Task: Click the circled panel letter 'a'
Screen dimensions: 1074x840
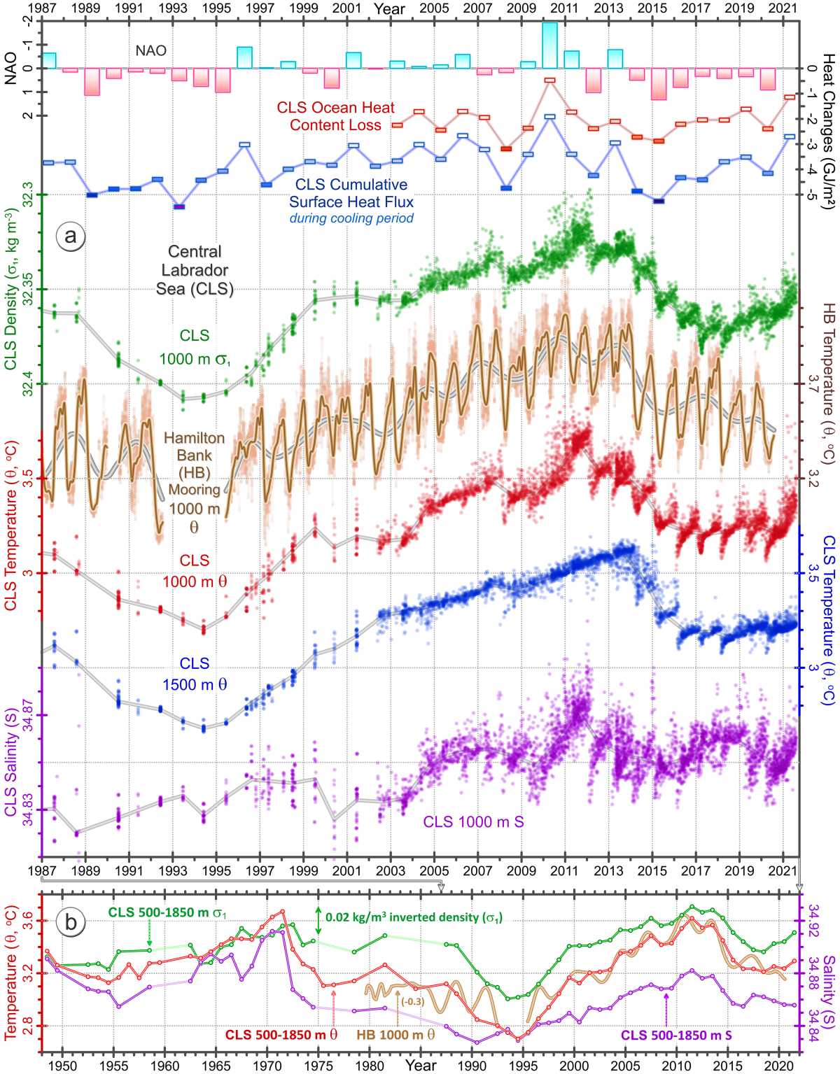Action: point(70,236)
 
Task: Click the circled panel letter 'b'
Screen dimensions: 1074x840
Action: point(71,922)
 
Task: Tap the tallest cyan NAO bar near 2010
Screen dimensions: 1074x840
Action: point(549,45)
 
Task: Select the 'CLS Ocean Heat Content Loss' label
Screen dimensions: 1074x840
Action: point(335,116)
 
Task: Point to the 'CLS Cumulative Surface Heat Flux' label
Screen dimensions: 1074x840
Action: point(351,193)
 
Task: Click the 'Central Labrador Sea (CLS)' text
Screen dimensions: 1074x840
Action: point(194,270)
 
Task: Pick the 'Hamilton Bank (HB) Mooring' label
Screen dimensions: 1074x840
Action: point(194,463)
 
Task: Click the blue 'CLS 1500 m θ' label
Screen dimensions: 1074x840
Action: point(194,674)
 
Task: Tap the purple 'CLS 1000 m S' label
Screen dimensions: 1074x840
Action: point(473,821)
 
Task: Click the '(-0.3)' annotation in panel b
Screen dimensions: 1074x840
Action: point(412,1001)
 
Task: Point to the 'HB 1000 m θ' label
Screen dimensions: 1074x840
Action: point(395,1034)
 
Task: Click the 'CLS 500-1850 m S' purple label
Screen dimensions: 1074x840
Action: point(676,1034)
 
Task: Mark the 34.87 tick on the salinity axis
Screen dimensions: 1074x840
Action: point(28,715)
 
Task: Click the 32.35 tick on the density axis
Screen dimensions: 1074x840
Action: point(28,289)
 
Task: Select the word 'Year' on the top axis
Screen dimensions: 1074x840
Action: point(389,8)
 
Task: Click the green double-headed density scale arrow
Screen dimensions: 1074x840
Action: point(318,920)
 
